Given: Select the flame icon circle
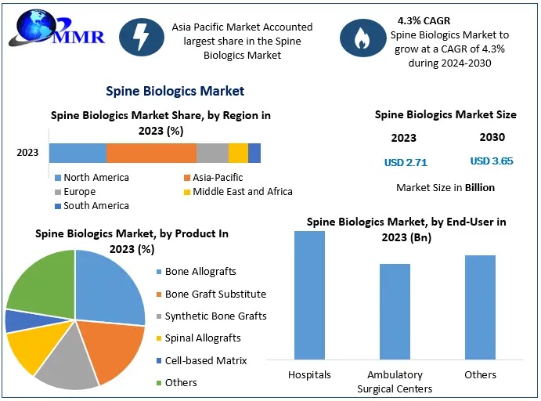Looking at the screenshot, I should (362, 40).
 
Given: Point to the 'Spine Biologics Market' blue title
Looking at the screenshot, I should (175, 92).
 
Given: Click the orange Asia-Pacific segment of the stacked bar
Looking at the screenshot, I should (151, 153).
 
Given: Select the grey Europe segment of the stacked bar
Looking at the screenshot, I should (212, 153).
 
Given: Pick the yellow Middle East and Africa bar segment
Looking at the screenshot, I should (238, 153).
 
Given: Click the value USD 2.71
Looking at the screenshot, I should (406, 162).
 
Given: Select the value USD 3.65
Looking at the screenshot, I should (492, 161).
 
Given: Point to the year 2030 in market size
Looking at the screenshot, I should (492, 137).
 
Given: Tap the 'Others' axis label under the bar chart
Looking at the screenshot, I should (480, 375).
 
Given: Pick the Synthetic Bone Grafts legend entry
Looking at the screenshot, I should (215, 316).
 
